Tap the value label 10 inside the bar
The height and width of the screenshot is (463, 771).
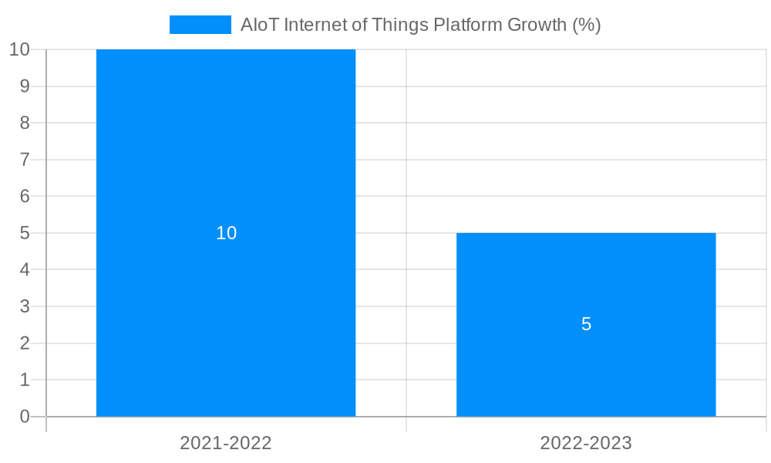tap(226, 233)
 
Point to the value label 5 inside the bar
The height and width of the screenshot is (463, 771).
tap(586, 325)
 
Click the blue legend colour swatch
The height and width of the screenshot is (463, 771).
tap(200, 25)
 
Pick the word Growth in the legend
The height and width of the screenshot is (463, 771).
tap(537, 25)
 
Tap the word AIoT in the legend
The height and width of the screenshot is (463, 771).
tap(260, 25)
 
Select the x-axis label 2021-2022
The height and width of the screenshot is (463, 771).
tap(226, 443)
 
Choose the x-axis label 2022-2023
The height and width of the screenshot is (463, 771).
tap(586, 443)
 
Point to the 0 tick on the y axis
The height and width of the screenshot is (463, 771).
tap(25, 417)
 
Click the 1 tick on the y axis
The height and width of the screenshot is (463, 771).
tap(25, 380)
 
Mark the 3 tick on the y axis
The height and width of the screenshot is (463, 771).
tap(25, 306)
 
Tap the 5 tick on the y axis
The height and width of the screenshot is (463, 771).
tap(25, 233)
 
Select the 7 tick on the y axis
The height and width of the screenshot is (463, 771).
tap(25, 160)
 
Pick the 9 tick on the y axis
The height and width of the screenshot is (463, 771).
tap(25, 86)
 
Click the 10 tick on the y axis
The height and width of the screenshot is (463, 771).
tap(20, 50)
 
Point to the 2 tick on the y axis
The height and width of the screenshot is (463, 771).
tap(25, 343)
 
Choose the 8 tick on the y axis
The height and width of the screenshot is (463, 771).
tap(25, 123)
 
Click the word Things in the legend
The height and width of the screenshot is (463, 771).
tap(399, 25)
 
